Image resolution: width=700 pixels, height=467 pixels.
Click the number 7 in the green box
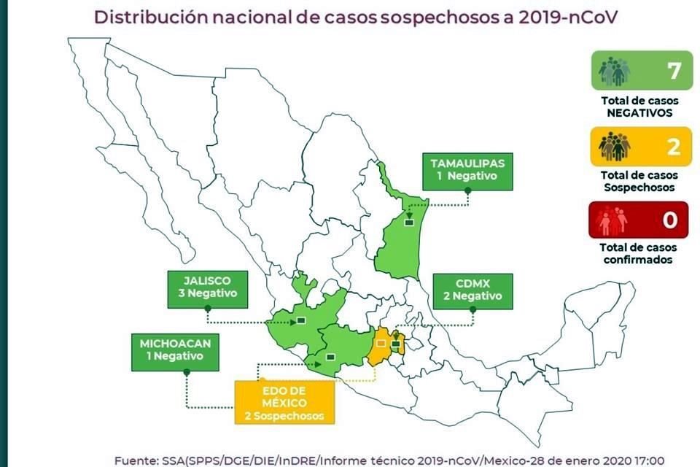click(672, 71)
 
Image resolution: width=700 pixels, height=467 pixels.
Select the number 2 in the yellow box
click(672, 147)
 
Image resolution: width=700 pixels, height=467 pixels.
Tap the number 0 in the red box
click(670, 220)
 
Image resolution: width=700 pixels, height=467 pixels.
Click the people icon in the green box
click(614, 71)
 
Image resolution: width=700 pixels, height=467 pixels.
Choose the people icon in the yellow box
click(614, 147)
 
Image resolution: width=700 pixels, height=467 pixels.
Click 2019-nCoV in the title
click(563, 17)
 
